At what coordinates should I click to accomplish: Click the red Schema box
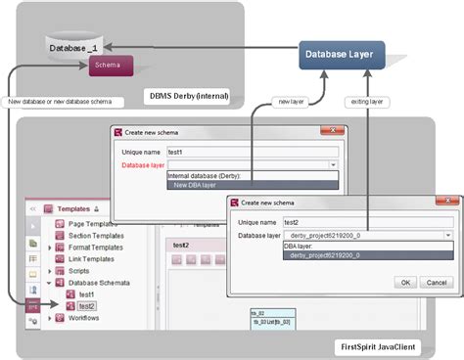[109, 66]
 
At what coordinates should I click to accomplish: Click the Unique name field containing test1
[252, 152]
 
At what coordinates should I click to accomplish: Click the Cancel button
[437, 282]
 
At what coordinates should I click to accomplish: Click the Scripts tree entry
[81, 270]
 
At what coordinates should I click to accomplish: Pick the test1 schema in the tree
[86, 293]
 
